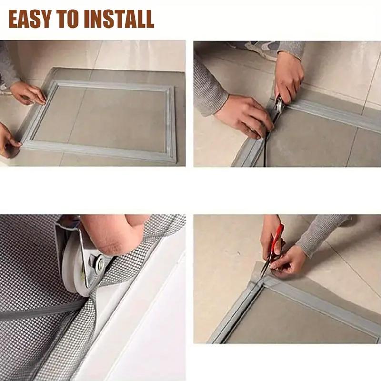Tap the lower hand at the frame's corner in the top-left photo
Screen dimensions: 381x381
(9, 140)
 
